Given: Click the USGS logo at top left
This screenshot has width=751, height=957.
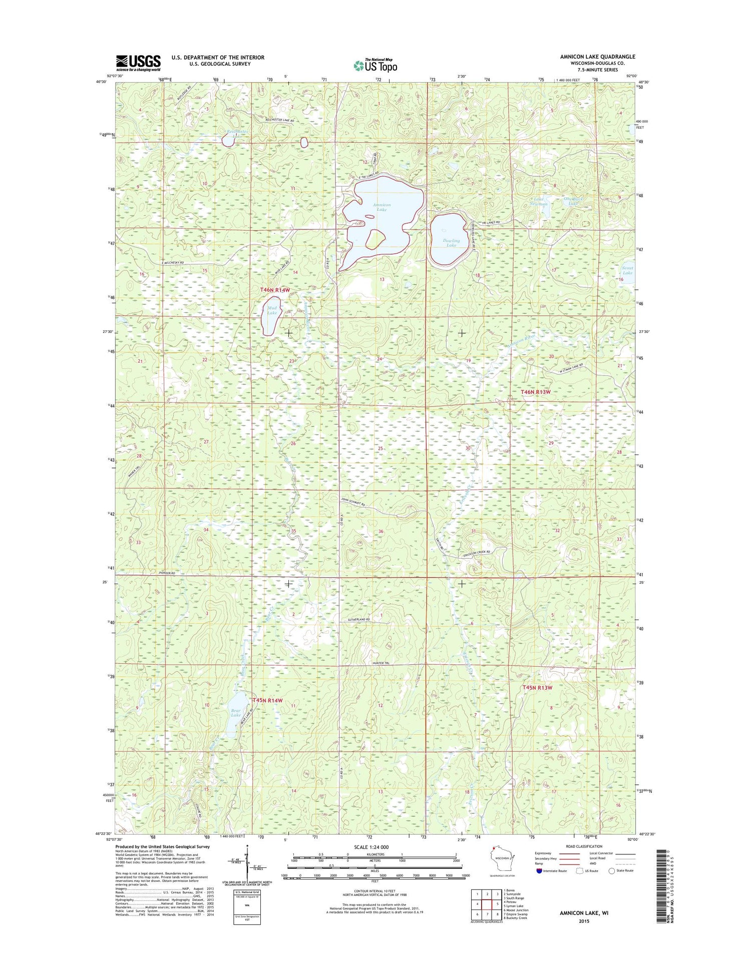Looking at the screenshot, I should click(139, 62).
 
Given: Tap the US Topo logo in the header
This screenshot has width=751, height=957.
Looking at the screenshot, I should click(375, 65).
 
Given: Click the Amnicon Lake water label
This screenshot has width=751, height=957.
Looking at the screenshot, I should click(382, 207).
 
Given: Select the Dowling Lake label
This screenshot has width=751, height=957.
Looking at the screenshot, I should click(451, 243).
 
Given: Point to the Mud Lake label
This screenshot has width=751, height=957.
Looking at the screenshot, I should click(272, 310).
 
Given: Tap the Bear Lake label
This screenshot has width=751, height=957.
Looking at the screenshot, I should click(235, 713).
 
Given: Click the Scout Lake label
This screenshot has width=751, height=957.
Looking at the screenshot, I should click(627, 270).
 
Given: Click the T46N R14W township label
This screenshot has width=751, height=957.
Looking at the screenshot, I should click(275, 290).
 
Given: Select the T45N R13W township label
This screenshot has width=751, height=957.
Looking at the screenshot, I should click(537, 688).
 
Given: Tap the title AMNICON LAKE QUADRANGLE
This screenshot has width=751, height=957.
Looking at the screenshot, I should click(597, 57).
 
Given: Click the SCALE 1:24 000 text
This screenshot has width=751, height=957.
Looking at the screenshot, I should click(374, 847).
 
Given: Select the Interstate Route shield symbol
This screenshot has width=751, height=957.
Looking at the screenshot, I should click(538, 870).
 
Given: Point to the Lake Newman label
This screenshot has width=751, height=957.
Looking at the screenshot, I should click(539, 201).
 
